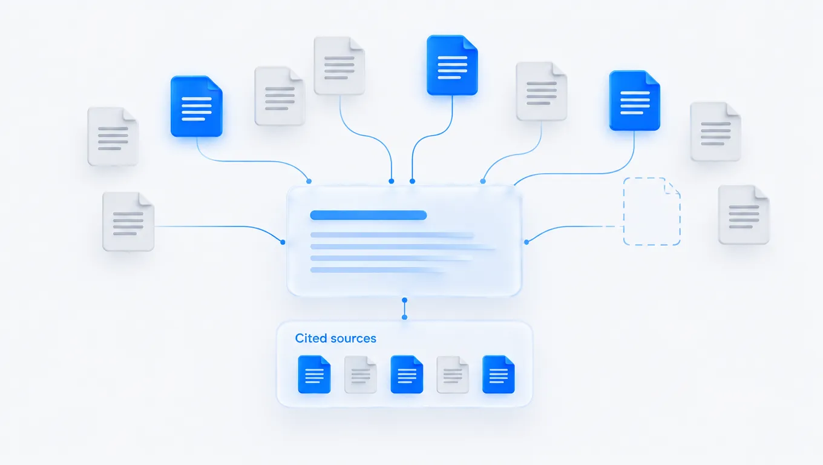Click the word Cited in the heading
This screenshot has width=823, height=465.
(x=311, y=338)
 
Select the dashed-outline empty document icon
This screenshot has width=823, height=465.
(x=652, y=211)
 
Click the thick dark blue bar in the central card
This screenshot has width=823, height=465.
(x=368, y=215)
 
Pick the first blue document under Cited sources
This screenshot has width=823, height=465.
(x=314, y=374)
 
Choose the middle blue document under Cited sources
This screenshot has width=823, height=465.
(x=407, y=374)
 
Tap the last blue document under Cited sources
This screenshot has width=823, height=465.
(x=499, y=374)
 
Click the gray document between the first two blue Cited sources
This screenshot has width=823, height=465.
(x=361, y=375)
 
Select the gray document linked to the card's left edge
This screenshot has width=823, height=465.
(x=128, y=222)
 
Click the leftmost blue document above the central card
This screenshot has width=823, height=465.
(x=197, y=106)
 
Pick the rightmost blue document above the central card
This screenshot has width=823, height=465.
(x=635, y=101)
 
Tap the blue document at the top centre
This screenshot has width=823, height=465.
(x=452, y=65)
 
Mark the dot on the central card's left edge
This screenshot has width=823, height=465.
(x=283, y=242)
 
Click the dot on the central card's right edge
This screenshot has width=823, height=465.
(x=526, y=242)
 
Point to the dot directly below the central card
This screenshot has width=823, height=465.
(x=404, y=300)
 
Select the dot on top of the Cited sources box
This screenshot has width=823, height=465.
(x=404, y=317)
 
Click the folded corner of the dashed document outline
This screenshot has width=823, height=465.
(x=672, y=186)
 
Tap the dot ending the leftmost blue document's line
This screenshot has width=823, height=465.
(x=309, y=181)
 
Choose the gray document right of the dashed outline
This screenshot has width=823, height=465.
(x=744, y=215)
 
